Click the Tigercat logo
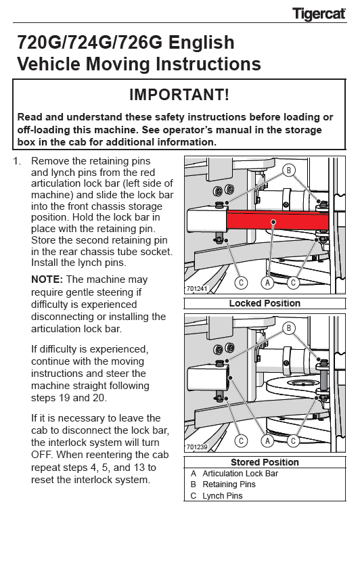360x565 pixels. click(x=319, y=14)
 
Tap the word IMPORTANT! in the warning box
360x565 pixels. click(x=179, y=95)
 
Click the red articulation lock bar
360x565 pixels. click(x=277, y=220)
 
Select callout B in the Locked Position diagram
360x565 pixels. click(x=288, y=170)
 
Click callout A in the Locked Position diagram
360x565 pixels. click(x=267, y=283)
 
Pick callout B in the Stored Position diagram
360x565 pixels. click(x=288, y=328)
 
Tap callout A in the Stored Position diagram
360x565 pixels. click(x=267, y=440)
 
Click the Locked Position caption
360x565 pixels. click(x=265, y=303)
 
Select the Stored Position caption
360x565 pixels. click(x=265, y=462)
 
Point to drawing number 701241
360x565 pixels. click(x=197, y=289)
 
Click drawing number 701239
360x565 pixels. click(x=197, y=447)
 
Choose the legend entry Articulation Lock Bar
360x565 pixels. click(x=240, y=474)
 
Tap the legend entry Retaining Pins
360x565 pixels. click(x=229, y=484)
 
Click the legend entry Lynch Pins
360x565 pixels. click(x=223, y=496)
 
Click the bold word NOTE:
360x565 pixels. click(x=47, y=279)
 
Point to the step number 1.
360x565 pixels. click(x=16, y=161)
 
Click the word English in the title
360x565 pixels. click(x=202, y=43)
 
